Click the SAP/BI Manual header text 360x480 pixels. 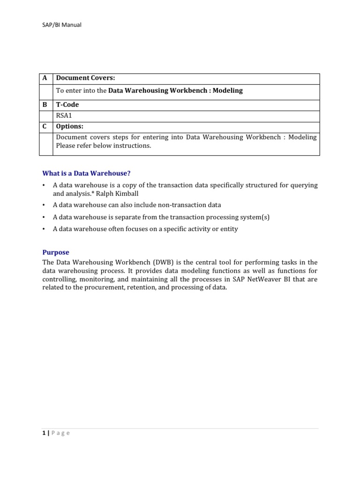point(61,25)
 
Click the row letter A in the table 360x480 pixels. point(45,78)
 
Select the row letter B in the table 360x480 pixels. point(45,105)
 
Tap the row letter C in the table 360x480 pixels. point(45,127)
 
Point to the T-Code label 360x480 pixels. point(67,105)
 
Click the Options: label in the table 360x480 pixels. point(70,127)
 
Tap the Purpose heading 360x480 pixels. point(56,252)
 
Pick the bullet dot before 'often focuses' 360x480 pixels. point(44,229)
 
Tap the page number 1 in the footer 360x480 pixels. point(44,433)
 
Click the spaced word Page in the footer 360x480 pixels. point(60,433)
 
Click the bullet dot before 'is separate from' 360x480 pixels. point(44,217)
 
